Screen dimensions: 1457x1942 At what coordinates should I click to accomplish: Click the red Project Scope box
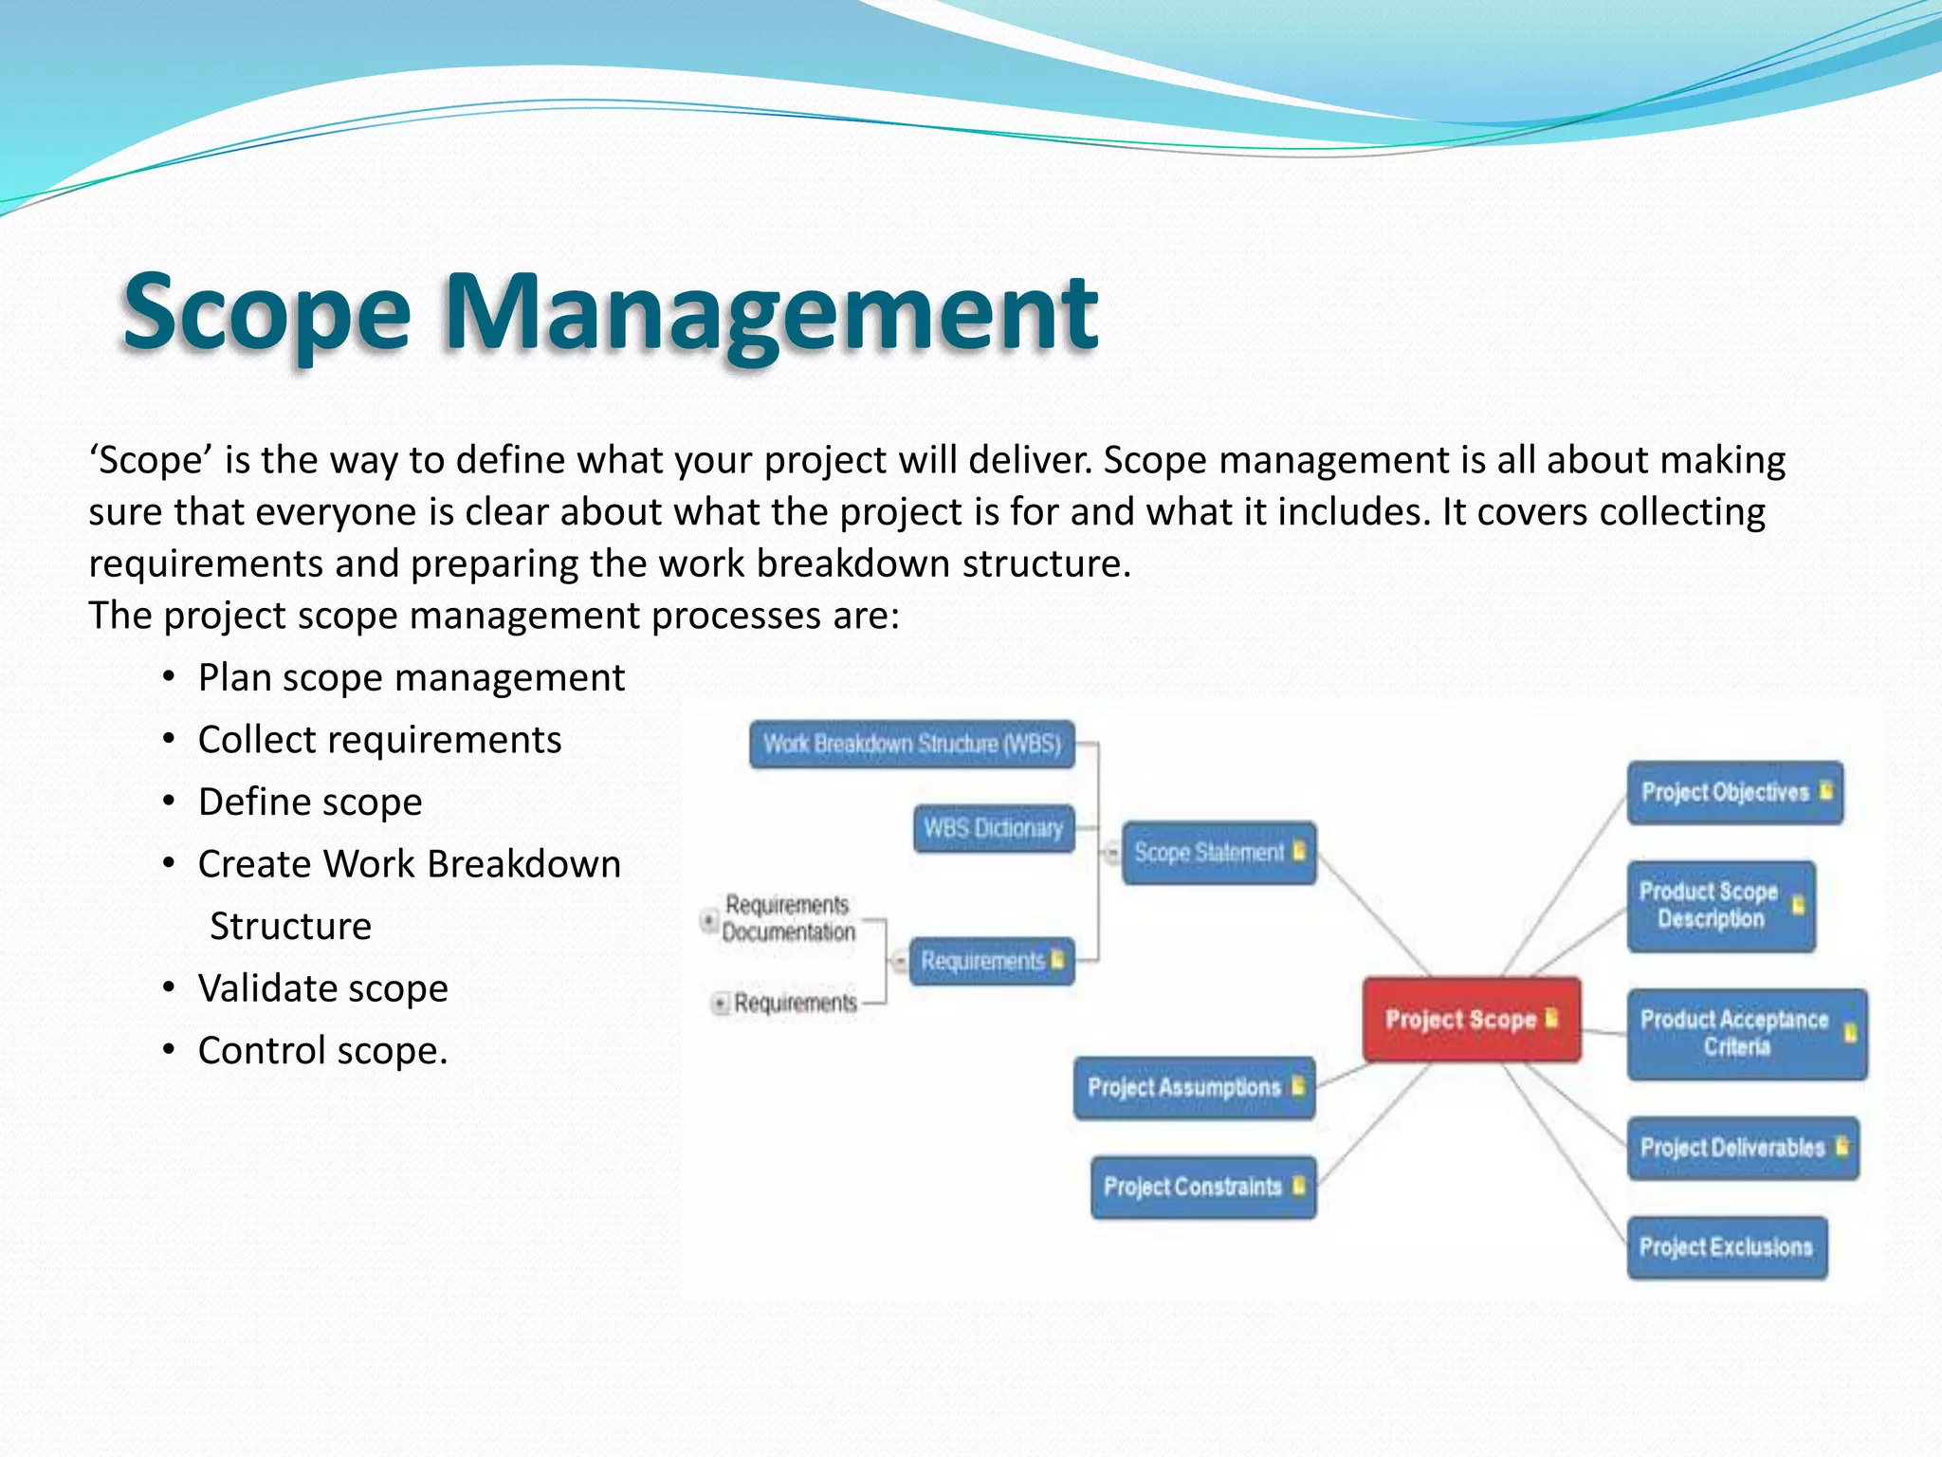click(1470, 1020)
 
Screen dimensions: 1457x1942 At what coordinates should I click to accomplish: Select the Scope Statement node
click(1218, 853)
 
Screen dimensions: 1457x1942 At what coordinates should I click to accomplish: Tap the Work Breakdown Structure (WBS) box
click(912, 744)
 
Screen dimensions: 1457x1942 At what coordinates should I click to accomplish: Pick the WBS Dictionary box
click(994, 829)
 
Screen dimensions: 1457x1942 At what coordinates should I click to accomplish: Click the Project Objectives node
click(1734, 793)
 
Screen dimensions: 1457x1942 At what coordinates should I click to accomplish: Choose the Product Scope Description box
click(1720, 906)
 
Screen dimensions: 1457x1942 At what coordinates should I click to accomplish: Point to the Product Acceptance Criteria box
click(1746, 1034)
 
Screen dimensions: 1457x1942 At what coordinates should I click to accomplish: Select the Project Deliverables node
click(1742, 1148)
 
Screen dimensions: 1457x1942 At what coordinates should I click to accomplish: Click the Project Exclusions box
click(1727, 1247)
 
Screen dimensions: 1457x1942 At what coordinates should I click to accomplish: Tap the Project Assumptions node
click(1194, 1088)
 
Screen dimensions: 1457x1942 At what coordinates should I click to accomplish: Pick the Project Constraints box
click(1202, 1187)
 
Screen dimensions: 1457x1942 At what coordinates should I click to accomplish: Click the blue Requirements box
click(991, 961)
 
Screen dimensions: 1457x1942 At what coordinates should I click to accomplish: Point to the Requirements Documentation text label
click(788, 918)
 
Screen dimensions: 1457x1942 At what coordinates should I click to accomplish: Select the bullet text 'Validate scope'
click(322, 988)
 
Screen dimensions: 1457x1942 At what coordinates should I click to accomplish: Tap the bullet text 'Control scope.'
click(322, 1051)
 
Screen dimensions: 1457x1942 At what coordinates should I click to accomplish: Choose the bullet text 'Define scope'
click(310, 802)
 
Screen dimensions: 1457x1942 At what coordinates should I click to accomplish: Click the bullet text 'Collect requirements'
click(379, 740)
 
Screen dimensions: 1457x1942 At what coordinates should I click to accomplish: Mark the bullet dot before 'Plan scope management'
click(169, 678)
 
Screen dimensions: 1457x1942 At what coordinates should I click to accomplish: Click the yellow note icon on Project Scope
click(1551, 1018)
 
